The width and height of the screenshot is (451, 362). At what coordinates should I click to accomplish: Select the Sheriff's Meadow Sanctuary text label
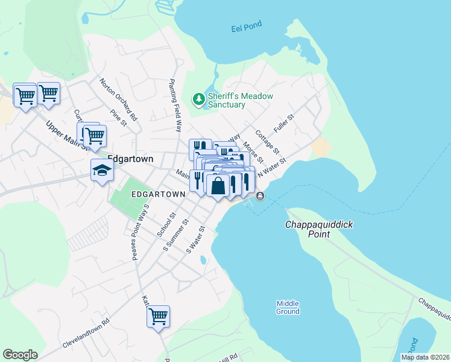(240, 100)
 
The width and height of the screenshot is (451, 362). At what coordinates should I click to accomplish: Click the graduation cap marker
(102, 171)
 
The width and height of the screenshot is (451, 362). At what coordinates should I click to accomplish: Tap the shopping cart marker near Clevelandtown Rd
(158, 316)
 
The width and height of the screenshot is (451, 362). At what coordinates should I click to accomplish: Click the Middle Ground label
(288, 307)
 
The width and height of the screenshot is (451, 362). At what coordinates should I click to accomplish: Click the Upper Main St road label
(68, 136)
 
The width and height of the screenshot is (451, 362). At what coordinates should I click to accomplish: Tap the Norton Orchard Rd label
(119, 98)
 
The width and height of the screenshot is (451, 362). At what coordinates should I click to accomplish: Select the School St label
(165, 224)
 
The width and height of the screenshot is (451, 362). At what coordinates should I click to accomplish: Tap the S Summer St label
(176, 235)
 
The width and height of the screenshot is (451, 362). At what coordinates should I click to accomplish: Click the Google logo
(20, 355)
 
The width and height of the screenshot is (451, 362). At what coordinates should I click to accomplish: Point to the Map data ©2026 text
(424, 357)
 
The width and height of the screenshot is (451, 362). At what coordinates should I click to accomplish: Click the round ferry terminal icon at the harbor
(260, 195)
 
